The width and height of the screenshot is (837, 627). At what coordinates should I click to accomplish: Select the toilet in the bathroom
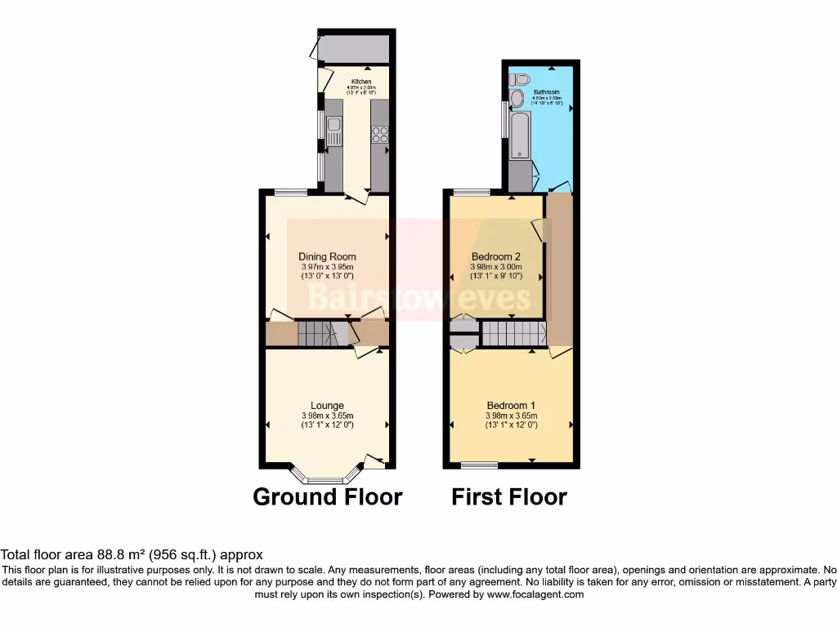[x=516, y=80]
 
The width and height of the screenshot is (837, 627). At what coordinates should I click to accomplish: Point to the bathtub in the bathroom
[x=518, y=136]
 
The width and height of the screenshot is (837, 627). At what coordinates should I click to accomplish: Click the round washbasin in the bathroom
[x=517, y=100]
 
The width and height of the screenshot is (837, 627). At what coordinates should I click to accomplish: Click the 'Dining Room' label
[x=327, y=256]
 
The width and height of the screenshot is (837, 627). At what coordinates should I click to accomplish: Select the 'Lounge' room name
[x=327, y=406]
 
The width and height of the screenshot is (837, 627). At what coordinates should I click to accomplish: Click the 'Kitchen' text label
[x=361, y=82]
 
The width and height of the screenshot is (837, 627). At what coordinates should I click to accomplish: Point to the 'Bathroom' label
[x=547, y=93]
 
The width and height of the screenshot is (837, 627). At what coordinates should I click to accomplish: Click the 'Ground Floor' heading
[x=327, y=496]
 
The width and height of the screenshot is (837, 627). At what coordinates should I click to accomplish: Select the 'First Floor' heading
[x=509, y=496]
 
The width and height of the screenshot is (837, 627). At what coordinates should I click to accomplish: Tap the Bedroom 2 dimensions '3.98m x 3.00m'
[x=495, y=266]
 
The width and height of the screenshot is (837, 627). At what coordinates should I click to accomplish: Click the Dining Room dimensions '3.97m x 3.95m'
[x=327, y=266]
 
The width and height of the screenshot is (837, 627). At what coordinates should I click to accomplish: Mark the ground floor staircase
[x=316, y=333]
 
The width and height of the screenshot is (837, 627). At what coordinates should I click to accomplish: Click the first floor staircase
[x=512, y=333]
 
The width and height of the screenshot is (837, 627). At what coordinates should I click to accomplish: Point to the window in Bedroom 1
[x=473, y=465]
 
